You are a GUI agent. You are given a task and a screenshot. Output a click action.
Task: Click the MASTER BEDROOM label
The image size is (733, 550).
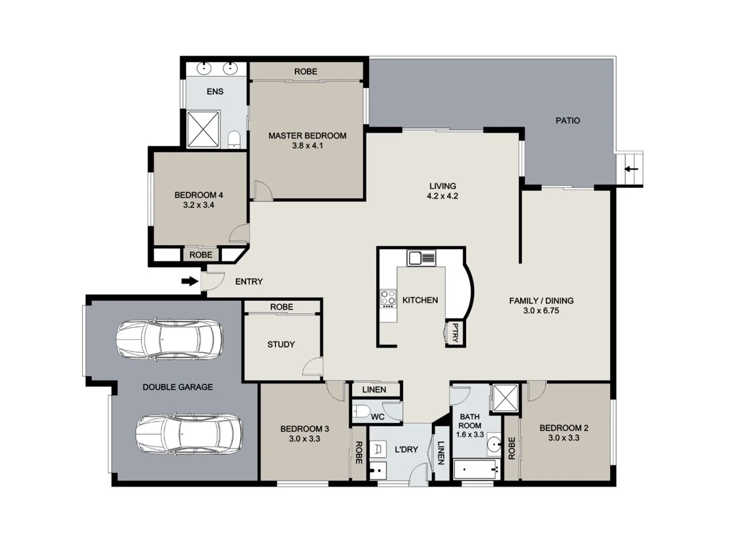coord(307,136)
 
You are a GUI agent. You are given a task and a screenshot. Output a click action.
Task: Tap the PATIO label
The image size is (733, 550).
coord(568,120)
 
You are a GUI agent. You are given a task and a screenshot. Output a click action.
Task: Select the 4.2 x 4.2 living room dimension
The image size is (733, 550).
coord(442,196)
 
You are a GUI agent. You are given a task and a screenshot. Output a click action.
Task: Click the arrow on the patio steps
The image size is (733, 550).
coord(631,169)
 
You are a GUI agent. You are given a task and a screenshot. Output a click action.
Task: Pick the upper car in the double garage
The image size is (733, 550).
coord(169,339)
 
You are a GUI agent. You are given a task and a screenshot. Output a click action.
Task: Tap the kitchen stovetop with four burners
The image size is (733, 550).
coord(388,297)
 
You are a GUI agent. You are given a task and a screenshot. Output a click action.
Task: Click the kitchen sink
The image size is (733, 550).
coord(421,258)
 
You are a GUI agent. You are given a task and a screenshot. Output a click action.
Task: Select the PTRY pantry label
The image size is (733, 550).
coord(455,333)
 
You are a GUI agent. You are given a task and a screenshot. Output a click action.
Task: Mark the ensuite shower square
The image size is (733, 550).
coord(204,129)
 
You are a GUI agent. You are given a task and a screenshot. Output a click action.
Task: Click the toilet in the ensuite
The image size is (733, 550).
coord(234,139)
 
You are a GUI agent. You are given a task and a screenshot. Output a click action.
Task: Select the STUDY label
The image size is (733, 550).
coord(281,344)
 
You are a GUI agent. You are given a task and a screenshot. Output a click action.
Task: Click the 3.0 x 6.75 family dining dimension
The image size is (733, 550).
coord(541,311)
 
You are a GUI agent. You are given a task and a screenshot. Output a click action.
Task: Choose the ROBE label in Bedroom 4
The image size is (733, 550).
coord(200,254)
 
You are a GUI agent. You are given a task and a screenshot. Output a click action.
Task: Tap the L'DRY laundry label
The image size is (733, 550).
coord(406,449)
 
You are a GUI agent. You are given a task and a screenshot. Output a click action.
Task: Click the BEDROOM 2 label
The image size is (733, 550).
coord(563,428)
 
